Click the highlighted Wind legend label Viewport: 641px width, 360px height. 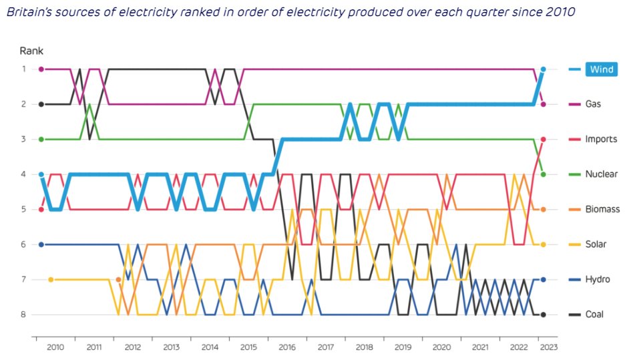coord(601,69)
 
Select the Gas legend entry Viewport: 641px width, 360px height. coord(593,104)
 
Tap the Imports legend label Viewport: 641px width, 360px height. coord(600,139)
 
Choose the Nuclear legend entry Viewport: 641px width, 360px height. coord(601,174)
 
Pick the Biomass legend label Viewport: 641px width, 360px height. coord(602,209)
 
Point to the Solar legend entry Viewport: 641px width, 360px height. coord(596,244)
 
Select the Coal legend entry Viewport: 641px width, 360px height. coord(594,315)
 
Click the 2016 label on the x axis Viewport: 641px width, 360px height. coord(286,347)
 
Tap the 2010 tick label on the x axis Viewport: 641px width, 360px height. coord(55,347)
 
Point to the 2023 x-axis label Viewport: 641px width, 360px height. coord(548,347)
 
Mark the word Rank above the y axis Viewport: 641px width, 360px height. coord(31,51)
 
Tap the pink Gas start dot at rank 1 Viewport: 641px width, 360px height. coord(41,69)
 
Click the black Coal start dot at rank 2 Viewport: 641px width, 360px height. coord(41,104)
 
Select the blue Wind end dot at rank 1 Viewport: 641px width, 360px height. coord(544,69)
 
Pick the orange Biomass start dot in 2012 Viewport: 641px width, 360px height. coord(118,279)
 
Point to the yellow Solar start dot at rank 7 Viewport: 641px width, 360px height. coord(51,279)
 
